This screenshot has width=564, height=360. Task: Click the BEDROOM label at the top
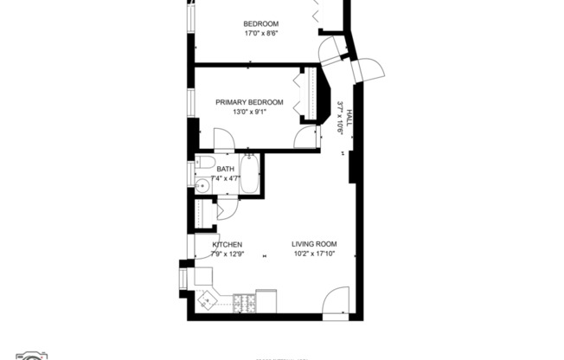(x=260, y=23)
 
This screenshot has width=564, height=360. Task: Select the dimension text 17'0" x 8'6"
(x=260, y=35)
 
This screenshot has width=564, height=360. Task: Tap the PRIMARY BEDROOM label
(x=249, y=102)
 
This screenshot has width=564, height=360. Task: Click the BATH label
(x=225, y=169)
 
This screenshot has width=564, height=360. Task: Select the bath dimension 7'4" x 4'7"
(x=225, y=179)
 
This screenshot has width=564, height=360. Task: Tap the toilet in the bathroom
(x=205, y=163)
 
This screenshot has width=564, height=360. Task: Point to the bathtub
(x=248, y=173)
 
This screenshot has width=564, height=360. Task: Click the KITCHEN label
(x=227, y=245)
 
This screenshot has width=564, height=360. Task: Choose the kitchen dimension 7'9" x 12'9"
(x=227, y=254)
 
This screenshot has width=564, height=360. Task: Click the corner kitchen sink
(x=208, y=300)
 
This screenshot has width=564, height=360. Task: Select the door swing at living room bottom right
(x=334, y=303)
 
